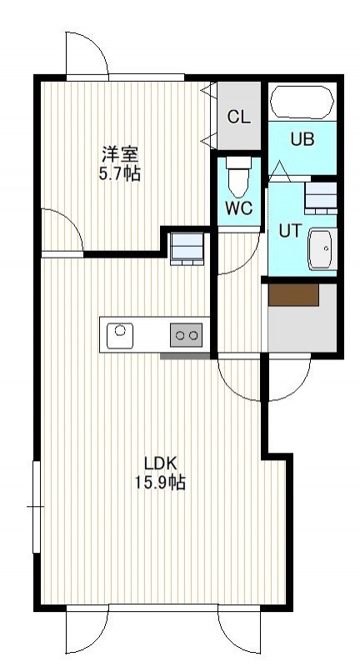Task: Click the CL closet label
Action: (x=239, y=117)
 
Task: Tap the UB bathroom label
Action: (x=302, y=139)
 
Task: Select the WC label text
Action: (x=239, y=208)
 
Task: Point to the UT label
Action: (x=290, y=231)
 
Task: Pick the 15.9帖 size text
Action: (x=160, y=483)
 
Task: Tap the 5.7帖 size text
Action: (x=120, y=173)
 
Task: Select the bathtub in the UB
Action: (x=302, y=103)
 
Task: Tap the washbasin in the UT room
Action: (x=322, y=248)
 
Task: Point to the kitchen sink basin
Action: (x=120, y=336)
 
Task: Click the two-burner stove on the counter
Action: (x=187, y=335)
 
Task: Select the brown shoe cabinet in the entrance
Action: (x=293, y=294)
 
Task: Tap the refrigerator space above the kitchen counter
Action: (x=187, y=248)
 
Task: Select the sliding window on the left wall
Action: (x=37, y=507)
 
